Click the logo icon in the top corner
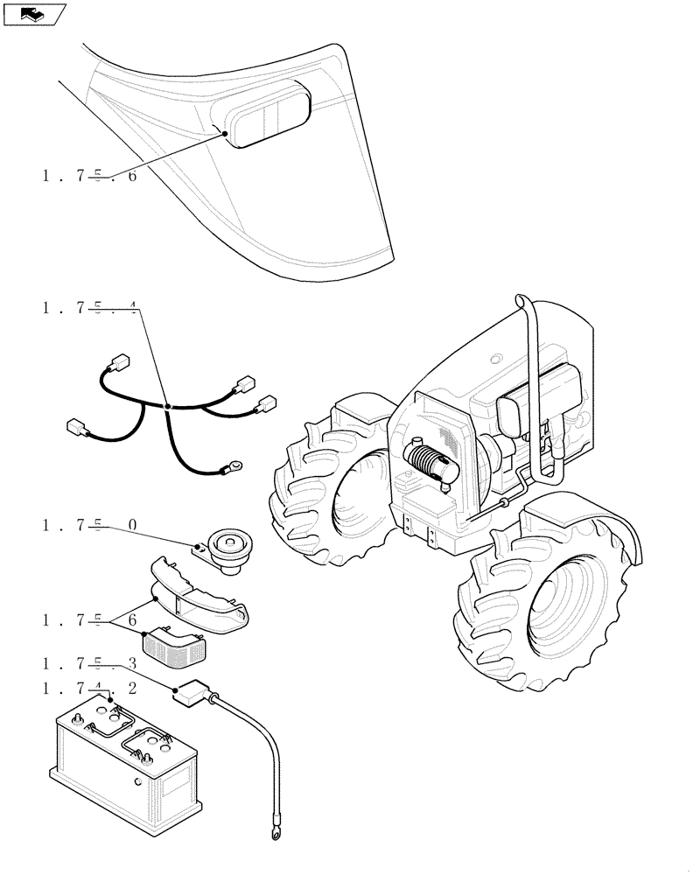pyautogui.click(x=35, y=14)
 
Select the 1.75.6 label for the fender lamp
pyautogui.click(x=88, y=176)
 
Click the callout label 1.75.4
pyautogui.click(x=88, y=308)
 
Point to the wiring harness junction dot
pyautogui.click(x=168, y=407)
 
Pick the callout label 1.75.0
pyautogui.click(x=88, y=525)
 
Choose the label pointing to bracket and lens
pyautogui.click(x=88, y=621)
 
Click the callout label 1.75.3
pyautogui.click(x=88, y=665)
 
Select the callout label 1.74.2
pyautogui.click(x=88, y=689)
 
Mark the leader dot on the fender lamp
pyautogui.click(x=226, y=133)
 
